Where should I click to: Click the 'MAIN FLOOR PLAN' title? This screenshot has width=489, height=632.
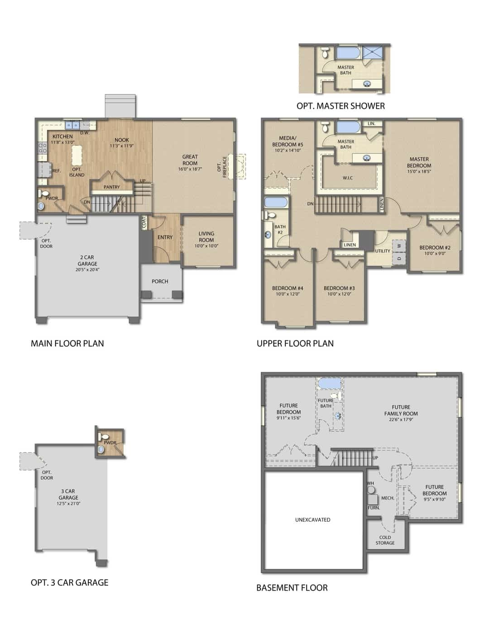67,344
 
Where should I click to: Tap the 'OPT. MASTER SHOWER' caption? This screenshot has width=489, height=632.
340,106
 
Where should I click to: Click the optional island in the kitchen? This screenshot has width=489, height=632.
77,155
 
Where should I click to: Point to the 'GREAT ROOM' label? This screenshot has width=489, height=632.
190,160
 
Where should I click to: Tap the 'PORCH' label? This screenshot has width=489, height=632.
160,281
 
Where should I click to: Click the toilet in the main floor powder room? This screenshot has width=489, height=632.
44,193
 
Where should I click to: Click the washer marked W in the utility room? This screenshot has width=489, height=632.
399,246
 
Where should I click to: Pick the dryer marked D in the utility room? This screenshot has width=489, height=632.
399,258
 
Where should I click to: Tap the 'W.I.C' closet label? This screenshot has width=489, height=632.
348,178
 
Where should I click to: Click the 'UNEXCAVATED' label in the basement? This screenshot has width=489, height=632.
313,520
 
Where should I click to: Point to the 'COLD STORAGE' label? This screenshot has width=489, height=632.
385,540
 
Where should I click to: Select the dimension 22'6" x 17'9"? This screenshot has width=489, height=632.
401,420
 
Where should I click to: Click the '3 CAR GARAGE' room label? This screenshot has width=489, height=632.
68,495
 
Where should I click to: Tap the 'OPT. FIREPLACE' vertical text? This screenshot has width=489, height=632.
222,167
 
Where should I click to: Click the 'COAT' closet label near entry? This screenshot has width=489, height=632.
144,223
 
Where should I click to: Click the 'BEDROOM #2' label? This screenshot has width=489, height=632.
435,247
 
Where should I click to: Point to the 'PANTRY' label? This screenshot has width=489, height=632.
112,187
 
